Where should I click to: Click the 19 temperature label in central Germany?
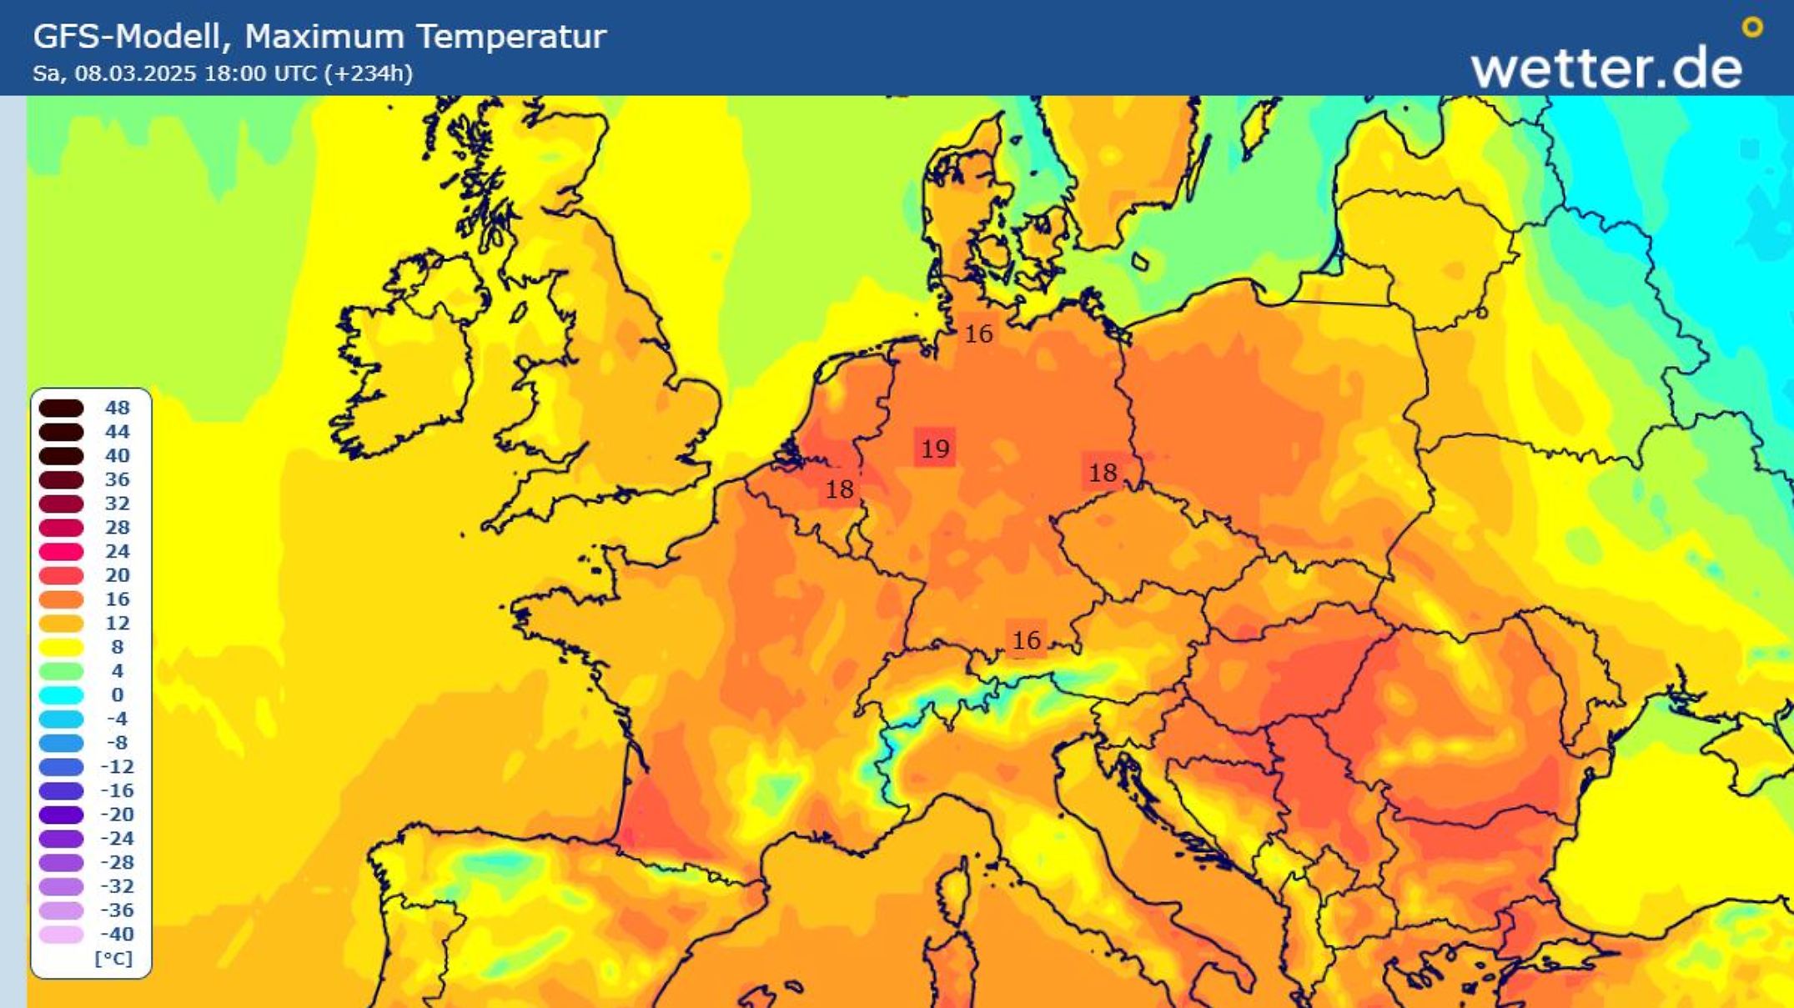[935, 449]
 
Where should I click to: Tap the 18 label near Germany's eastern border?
[1103, 473]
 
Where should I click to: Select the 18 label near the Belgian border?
[839, 489]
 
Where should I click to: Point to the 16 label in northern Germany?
[978, 334]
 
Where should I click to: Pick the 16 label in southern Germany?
[1026, 640]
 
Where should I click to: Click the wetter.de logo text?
[1606, 68]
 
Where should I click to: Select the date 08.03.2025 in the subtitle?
[135, 73]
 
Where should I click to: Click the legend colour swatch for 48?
[62, 408]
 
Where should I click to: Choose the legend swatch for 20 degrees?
[62, 575]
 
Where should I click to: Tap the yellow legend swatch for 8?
[62, 647]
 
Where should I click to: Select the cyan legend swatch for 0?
[62, 695]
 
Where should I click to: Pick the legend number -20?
[117, 815]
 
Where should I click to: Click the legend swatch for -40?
[62, 934]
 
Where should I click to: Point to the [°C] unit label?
[113, 958]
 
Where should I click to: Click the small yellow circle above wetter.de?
[1752, 28]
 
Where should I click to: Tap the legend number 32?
[117, 504]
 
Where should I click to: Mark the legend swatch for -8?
[62, 743]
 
